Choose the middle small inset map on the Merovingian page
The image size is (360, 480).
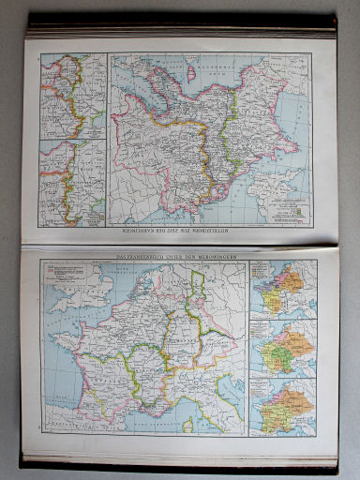[x=283, y=348]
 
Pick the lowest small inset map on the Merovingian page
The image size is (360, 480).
[x=283, y=406]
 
